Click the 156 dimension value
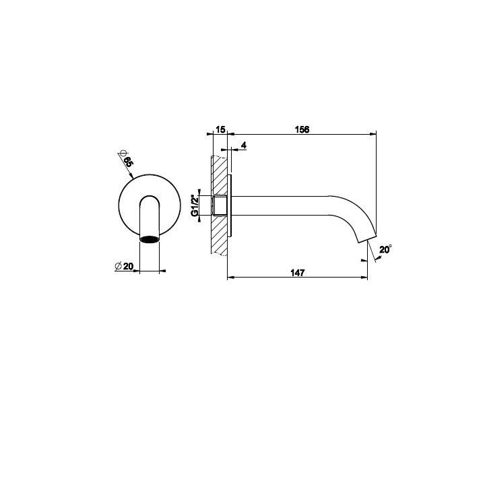[302, 129]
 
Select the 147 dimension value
[298, 273]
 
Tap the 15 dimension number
[220, 129]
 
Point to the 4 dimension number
[244, 145]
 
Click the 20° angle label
[385, 249]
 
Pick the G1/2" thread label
[195, 205]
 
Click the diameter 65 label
[128, 162]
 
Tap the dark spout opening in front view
[150, 239]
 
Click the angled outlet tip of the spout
[368, 238]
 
